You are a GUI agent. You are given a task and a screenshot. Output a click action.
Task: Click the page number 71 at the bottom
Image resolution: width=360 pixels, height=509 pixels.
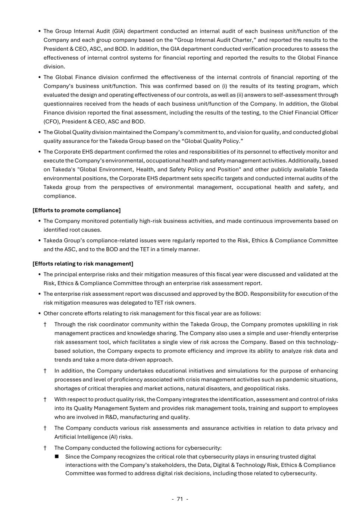(180, 499)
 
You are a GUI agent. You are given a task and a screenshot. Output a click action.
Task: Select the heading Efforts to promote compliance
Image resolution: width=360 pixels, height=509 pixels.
(76, 210)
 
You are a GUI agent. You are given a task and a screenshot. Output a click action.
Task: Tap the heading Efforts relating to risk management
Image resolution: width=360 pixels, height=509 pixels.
(83, 264)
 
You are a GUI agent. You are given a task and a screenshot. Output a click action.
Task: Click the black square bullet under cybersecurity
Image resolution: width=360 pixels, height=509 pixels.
(57, 457)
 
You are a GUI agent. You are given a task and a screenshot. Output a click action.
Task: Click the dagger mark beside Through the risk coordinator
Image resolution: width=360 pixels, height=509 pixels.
(45, 324)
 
